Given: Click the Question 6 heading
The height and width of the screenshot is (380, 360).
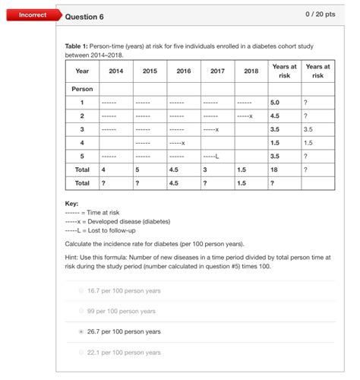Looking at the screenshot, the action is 84,17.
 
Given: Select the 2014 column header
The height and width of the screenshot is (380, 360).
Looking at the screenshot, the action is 115,71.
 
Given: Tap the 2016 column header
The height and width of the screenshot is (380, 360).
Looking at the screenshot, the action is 184,71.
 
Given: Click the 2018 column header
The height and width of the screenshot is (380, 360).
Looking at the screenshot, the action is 251,71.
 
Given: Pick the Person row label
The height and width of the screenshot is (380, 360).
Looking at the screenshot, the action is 81,89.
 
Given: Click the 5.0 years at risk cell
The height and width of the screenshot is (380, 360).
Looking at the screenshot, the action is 275,102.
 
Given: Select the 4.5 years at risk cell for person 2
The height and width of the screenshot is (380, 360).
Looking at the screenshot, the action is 276,116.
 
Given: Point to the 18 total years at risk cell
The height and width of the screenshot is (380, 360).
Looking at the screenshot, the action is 274,169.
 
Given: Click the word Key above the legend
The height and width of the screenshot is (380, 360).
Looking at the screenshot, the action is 72,204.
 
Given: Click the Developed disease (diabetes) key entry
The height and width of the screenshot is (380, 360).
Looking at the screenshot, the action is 117,221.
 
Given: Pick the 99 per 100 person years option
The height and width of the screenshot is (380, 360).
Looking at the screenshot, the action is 122,311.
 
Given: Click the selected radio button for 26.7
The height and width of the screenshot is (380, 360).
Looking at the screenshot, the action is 81,332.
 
